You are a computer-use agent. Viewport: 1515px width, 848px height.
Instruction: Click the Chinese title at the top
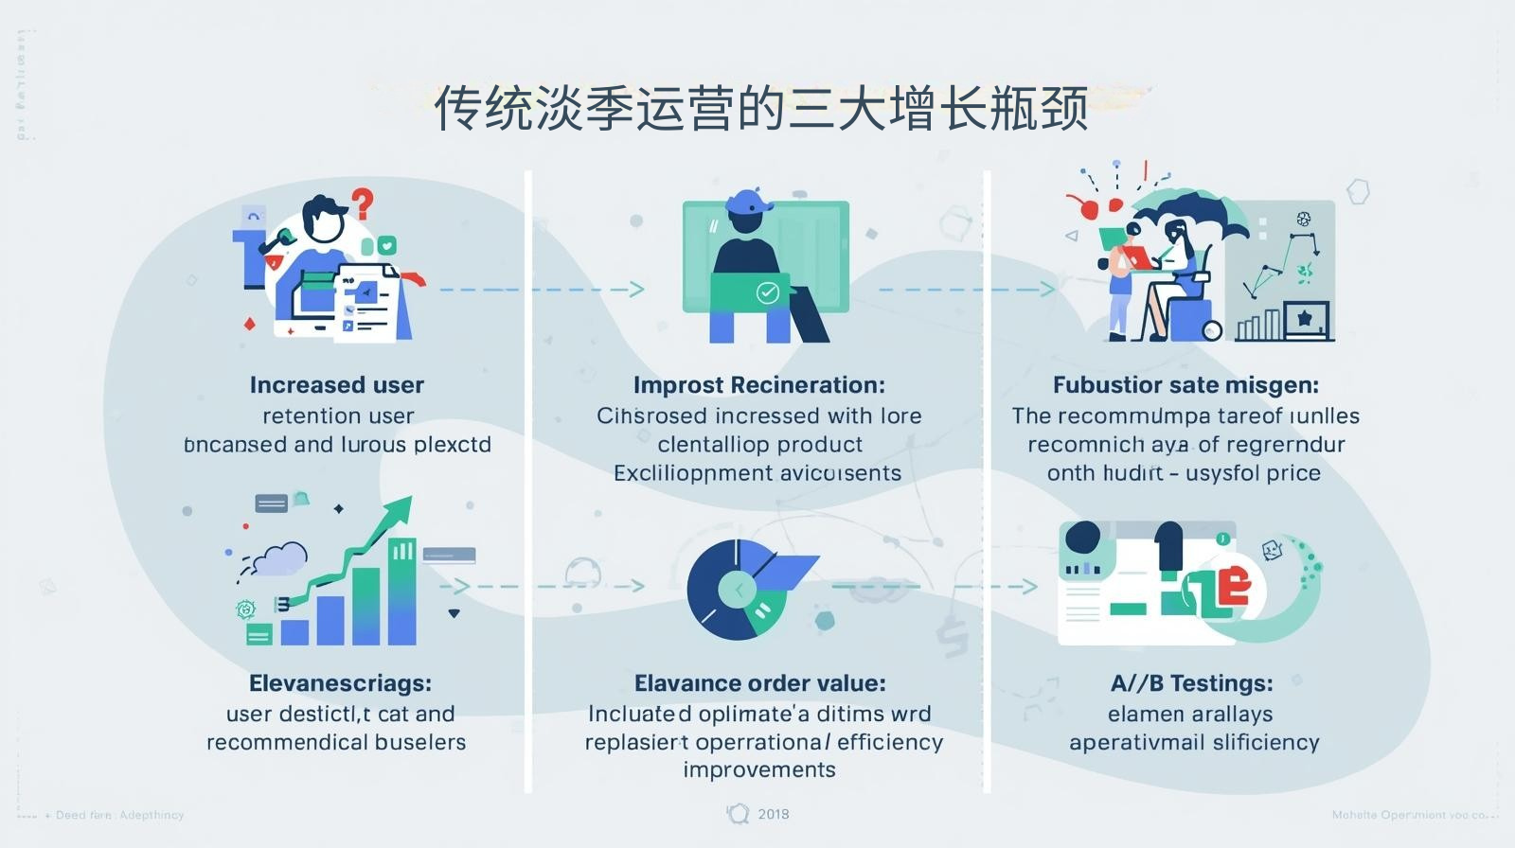(x=760, y=109)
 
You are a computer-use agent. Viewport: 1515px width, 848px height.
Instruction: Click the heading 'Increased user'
(x=336, y=385)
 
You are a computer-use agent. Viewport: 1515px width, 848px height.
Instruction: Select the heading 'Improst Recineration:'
(x=758, y=385)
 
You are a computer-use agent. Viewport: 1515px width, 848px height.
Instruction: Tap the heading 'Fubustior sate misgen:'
(x=1185, y=385)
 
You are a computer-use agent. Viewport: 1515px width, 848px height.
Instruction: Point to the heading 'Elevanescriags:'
(x=340, y=683)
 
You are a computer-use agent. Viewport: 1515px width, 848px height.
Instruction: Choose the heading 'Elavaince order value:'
(x=759, y=683)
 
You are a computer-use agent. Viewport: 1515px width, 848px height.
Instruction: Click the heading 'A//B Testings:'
(x=1191, y=683)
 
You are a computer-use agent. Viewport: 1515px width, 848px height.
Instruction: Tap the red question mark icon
(x=362, y=202)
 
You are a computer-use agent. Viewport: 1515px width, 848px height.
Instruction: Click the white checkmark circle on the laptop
(x=768, y=292)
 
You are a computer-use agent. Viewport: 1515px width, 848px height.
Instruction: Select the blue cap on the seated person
(x=747, y=202)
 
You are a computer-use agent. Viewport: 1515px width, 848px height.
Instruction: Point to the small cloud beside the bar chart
(x=280, y=558)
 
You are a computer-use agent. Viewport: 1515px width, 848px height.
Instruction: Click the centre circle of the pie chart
(x=737, y=590)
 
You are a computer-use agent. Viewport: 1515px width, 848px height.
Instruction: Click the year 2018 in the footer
(x=773, y=814)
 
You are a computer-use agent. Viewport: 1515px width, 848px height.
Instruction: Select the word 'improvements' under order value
(x=759, y=769)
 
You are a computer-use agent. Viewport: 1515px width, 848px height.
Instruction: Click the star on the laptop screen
(x=1304, y=318)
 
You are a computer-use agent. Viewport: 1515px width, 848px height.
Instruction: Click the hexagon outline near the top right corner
(x=1359, y=191)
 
